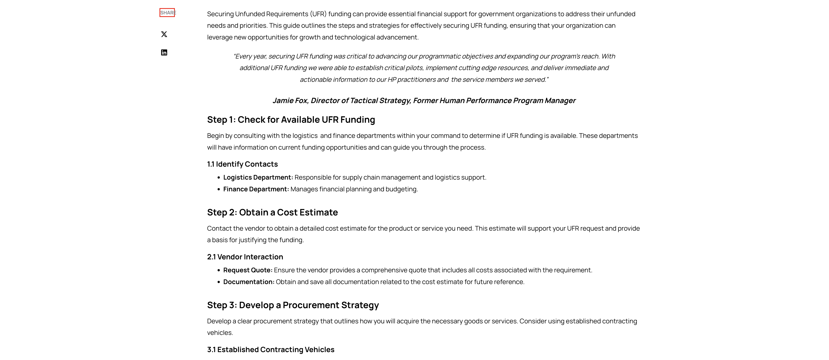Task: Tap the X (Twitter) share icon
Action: [x=164, y=34]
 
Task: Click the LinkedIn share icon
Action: [x=164, y=52]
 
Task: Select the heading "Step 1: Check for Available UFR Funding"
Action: [x=291, y=120]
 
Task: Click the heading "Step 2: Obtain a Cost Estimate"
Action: [x=272, y=213]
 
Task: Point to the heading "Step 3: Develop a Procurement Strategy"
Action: [x=293, y=305]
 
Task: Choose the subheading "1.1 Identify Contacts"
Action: [x=242, y=164]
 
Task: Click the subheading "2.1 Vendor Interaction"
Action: [x=245, y=257]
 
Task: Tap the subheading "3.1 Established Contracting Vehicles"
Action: [x=271, y=350]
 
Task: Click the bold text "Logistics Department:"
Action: [x=258, y=177]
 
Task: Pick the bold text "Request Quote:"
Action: [x=248, y=270]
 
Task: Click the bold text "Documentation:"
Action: [x=249, y=282]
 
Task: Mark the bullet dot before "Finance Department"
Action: [x=219, y=189]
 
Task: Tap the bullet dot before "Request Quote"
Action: [x=219, y=271]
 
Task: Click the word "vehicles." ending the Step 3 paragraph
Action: [x=220, y=333]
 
